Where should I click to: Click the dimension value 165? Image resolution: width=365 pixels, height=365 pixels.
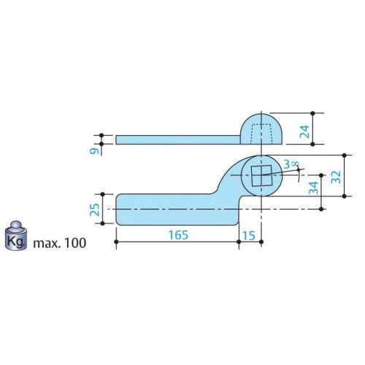coord(178,235)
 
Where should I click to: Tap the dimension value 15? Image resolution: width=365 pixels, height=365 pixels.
coord(249,235)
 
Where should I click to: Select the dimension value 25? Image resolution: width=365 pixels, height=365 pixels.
coord(95,210)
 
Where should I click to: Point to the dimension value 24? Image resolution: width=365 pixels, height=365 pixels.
coord(304,131)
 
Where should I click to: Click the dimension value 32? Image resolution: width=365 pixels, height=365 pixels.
coord(336,177)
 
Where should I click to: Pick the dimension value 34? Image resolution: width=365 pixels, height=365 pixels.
coord(313,188)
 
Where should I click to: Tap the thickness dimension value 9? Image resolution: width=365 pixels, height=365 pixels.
coord(94,151)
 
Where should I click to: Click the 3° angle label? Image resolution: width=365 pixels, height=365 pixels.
coord(291,164)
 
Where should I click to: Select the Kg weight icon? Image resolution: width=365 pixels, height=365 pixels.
coord(16,236)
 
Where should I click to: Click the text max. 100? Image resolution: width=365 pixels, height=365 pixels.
coord(60,243)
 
